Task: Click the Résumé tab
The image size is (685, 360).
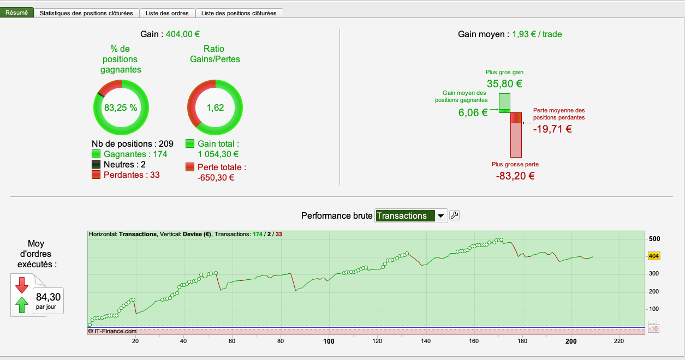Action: click(x=16, y=13)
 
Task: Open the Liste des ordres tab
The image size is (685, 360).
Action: click(x=167, y=13)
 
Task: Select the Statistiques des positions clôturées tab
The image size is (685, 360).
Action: click(x=86, y=13)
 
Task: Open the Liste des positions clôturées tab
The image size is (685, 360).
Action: click(x=239, y=13)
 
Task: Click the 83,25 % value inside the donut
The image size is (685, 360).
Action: click(x=121, y=107)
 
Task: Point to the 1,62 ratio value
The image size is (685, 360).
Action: click(x=215, y=107)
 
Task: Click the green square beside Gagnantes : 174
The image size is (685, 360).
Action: click(x=97, y=154)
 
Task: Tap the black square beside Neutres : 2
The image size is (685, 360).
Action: click(x=97, y=165)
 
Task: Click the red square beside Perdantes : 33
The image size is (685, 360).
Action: click(x=97, y=175)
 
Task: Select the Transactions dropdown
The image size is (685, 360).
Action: click(x=411, y=216)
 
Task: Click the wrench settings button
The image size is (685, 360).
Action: click(x=454, y=215)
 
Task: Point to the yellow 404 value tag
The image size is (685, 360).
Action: click(x=654, y=256)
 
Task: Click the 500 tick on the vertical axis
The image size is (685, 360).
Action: click(x=654, y=239)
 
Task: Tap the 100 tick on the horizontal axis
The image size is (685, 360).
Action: click(x=329, y=341)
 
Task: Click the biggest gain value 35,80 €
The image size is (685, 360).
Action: click(x=504, y=84)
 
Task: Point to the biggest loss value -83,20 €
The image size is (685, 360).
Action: click(x=515, y=176)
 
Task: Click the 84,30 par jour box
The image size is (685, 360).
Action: click(x=49, y=300)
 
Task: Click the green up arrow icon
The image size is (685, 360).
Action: click(x=22, y=305)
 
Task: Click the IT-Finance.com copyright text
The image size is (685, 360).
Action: click(x=112, y=331)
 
